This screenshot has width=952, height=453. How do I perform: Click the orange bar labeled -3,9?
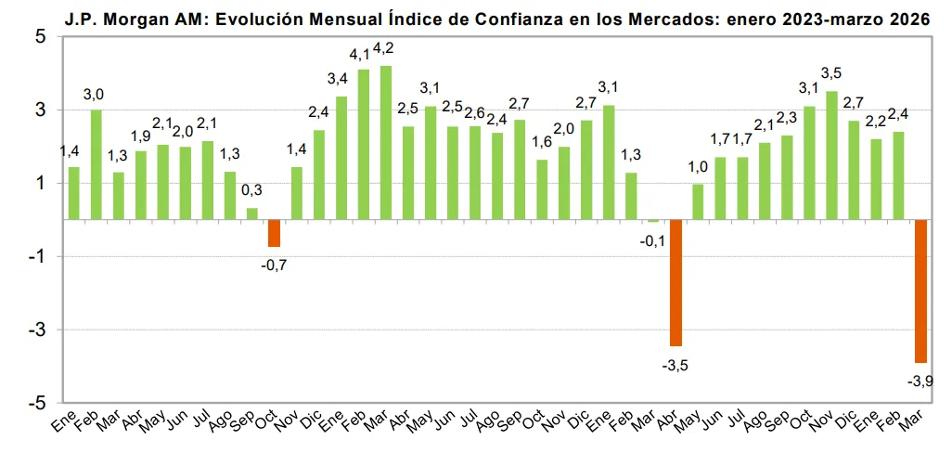[x=920, y=291]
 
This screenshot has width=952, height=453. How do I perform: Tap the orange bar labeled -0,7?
[x=274, y=233]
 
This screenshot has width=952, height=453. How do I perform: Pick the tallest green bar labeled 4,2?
[x=386, y=143]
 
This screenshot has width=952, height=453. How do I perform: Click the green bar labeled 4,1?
[x=364, y=145]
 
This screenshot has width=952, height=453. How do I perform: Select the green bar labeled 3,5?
[x=831, y=155]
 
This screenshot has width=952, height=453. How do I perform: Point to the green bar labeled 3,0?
[x=96, y=164]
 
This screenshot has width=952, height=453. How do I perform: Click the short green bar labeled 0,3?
[x=251, y=214]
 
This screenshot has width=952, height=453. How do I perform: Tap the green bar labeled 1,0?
[x=698, y=201]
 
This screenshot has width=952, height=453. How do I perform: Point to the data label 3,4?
[x=338, y=80]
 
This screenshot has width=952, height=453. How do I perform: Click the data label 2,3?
[x=787, y=119]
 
